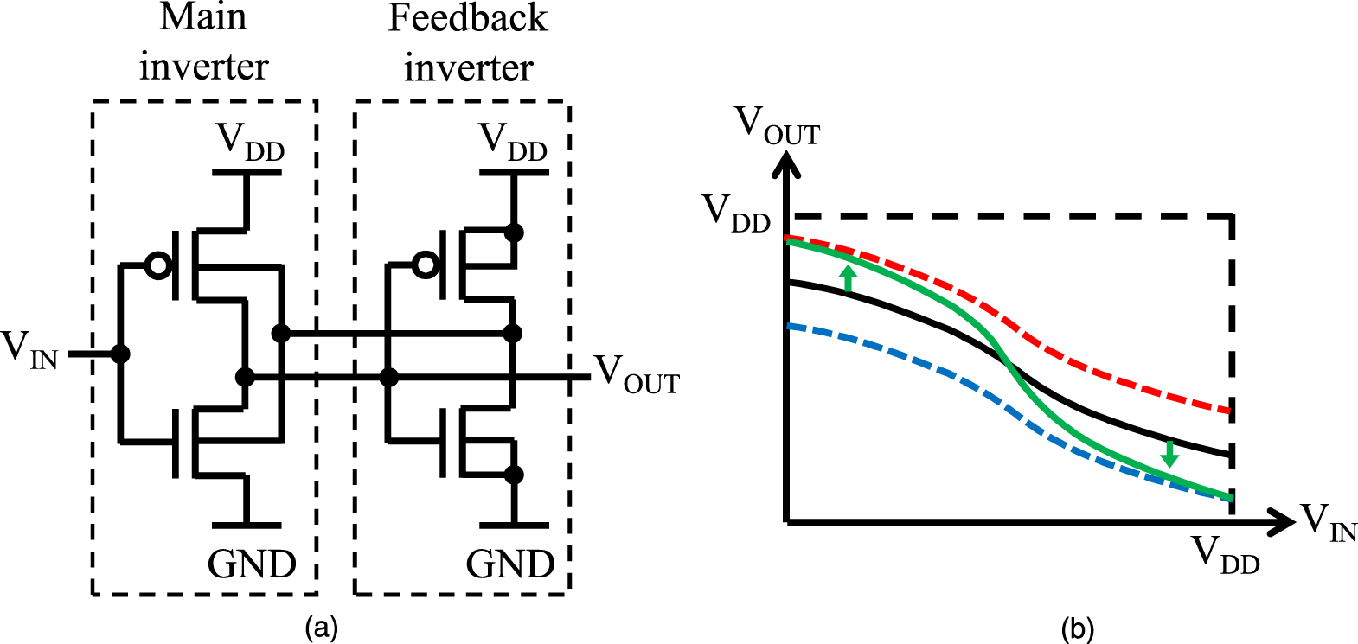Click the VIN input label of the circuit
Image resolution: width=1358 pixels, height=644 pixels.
pyautogui.click(x=29, y=349)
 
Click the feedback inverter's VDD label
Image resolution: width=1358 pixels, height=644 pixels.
pyautogui.click(x=513, y=141)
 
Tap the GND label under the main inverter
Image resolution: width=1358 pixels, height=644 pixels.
pyautogui.click(x=252, y=564)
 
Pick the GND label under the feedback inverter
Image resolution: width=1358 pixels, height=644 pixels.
pyautogui.click(x=510, y=564)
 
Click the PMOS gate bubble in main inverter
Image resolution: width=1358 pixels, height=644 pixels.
pyautogui.click(x=158, y=265)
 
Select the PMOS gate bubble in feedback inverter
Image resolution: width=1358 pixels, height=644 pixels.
pyautogui.click(x=426, y=265)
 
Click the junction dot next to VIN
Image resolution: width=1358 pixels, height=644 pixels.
pyautogui.click(x=120, y=354)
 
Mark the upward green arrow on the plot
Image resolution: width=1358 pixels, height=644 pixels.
pyautogui.click(x=849, y=278)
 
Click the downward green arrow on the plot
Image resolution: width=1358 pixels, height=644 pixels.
pyautogui.click(x=1169, y=453)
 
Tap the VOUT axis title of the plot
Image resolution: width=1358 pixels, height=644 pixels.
pyautogui.click(x=777, y=126)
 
